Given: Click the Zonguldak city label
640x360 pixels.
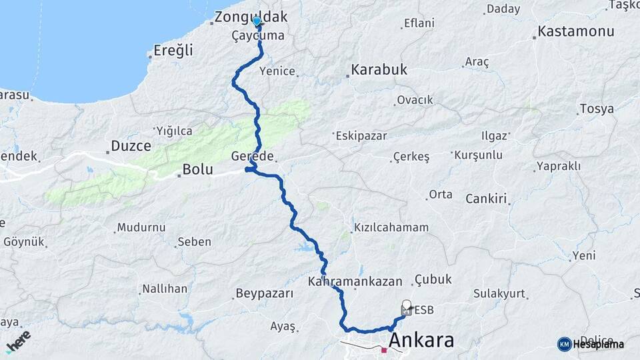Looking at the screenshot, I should click(251, 17).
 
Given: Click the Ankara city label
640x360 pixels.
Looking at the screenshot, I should click(421, 341).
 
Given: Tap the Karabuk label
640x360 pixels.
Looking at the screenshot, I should click(379, 69).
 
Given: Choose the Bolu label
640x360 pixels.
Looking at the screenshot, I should click(198, 170).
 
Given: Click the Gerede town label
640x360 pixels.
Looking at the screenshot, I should click(253, 156).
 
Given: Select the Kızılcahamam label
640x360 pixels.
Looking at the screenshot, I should click(391, 227).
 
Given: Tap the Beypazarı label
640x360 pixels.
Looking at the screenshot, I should click(265, 293).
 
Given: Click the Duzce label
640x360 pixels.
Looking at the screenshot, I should click(131, 145).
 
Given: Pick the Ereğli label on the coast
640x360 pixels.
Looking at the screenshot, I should click(173, 51).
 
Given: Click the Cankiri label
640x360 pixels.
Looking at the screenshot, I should click(487, 199).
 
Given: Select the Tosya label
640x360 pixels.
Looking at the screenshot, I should click(597, 109).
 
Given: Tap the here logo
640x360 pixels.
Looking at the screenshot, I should click(18, 340).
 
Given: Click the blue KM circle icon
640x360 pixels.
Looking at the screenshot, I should click(565, 344).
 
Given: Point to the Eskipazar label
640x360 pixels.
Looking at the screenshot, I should click(361, 135).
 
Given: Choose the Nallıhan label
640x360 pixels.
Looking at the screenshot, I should click(165, 289).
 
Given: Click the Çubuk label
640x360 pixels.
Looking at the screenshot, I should click(433, 279).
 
